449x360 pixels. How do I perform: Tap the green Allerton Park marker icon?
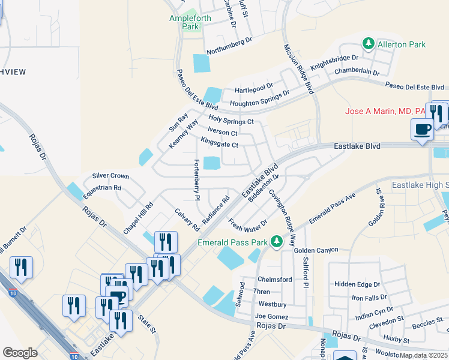point(367,44)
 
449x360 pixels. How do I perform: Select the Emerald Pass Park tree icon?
point(276,242)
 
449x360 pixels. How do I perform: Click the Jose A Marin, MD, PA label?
point(384,111)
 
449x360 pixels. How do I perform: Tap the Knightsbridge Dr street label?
point(334,62)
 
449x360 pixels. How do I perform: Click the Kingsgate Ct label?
point(220,142)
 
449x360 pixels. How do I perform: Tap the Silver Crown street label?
point(110,176)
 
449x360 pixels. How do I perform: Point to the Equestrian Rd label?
point(103,187)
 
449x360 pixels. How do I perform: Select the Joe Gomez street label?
point(271,316)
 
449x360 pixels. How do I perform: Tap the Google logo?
point(20,352)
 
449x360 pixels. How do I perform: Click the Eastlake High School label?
point(420,185)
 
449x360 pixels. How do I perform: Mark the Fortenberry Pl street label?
point(196,179)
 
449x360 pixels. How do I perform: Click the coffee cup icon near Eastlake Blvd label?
point(422,128)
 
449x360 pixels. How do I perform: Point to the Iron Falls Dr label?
point(373,298)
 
